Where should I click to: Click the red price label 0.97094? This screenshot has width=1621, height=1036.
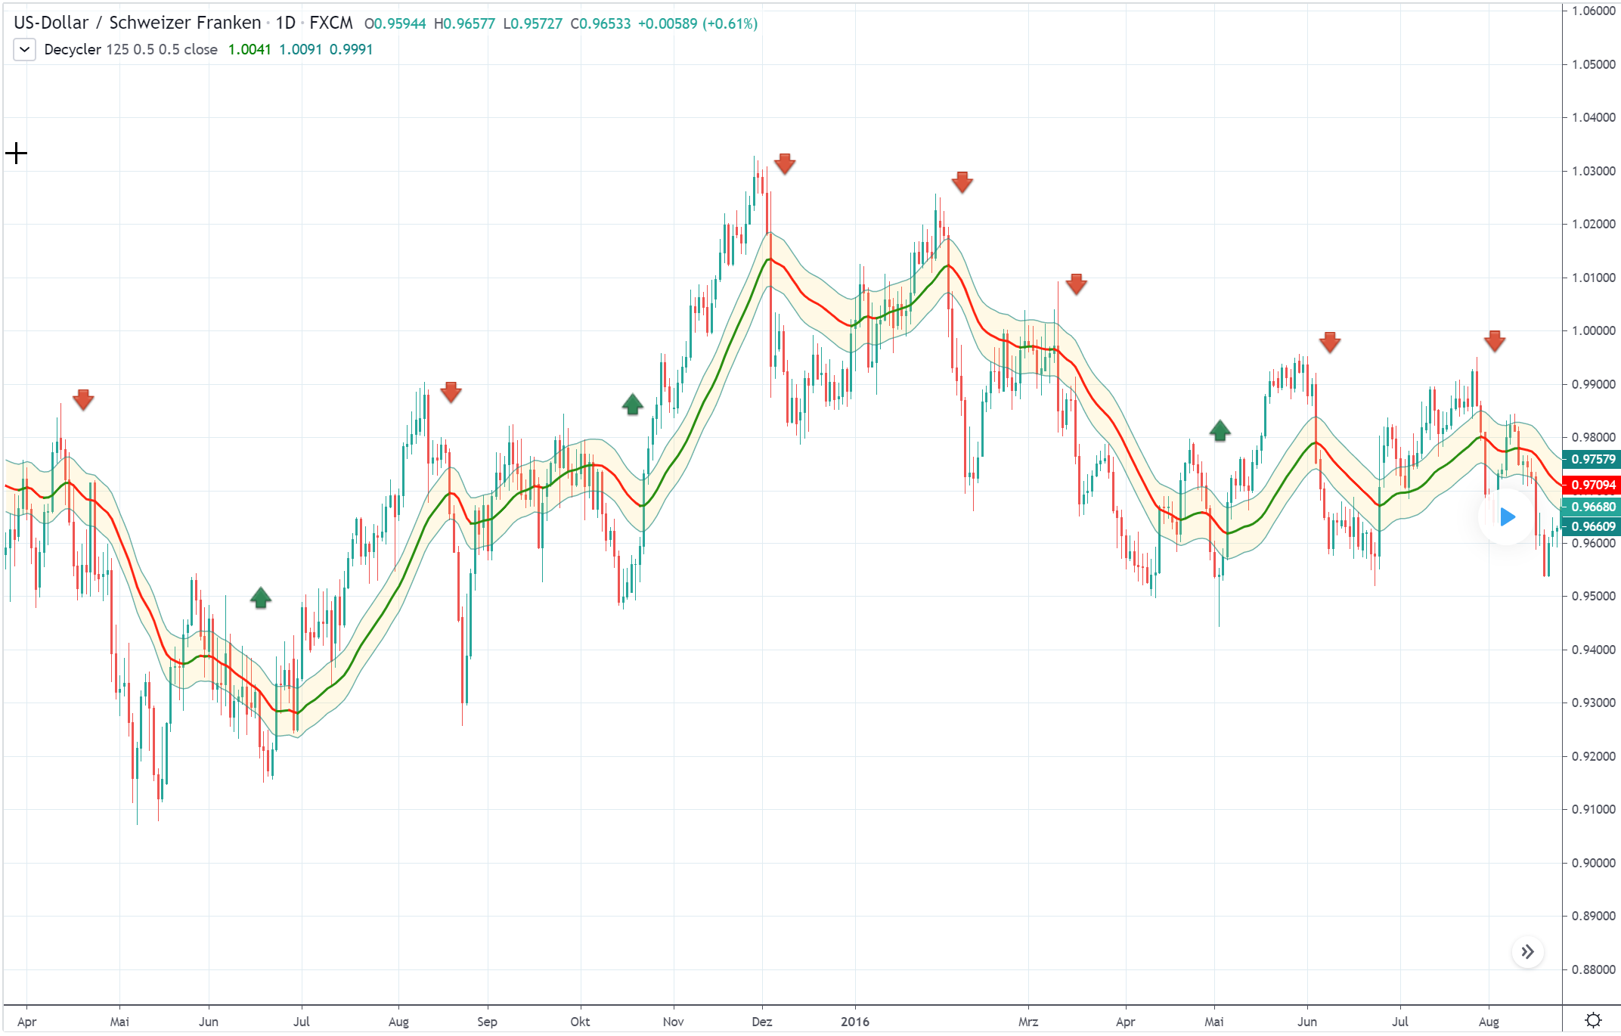1592,485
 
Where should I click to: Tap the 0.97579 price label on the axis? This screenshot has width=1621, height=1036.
1592,459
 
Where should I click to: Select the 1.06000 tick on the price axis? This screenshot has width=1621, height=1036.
1593,11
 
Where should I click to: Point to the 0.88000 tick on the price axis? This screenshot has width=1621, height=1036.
1593,969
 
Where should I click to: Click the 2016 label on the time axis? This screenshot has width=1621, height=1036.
855,1022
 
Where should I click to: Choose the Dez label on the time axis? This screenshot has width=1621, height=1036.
762,1022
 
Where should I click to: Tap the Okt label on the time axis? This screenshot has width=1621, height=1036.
580,1022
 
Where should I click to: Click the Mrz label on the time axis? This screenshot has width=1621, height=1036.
1028,1022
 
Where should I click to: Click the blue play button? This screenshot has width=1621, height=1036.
1507,517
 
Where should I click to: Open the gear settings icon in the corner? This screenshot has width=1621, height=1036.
1593,1020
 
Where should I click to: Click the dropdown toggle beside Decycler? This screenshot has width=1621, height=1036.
24,50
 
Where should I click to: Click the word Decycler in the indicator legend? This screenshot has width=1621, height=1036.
73,50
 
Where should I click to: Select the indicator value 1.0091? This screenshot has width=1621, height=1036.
300,50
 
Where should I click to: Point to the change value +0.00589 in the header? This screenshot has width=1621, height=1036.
668,23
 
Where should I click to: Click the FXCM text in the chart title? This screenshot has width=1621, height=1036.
331,23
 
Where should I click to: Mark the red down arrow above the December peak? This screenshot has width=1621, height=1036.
785,163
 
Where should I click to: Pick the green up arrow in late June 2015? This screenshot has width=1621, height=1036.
261,598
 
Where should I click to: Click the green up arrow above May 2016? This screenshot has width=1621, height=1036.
1220,430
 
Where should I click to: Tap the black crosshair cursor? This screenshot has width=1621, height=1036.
16,154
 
